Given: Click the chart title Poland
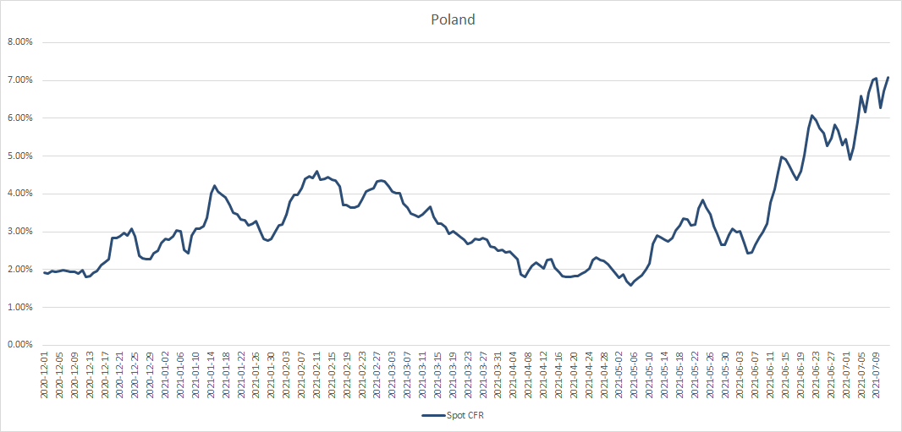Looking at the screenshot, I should pos(452,19).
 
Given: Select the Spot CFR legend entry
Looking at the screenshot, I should pos(453,415).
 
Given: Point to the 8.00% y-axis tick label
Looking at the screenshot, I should pos(19,42).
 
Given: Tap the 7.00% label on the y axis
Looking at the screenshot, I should pos(19,80).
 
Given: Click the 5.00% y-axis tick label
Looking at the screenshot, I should pos(19,156).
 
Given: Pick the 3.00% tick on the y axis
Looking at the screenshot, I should pos(19,232).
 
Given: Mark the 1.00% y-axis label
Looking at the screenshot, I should pos(19,307).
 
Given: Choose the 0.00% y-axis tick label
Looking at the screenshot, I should pos(19,345).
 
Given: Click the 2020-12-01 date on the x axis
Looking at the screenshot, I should pos(45,375).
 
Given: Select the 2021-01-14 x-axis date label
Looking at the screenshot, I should pos(212,375).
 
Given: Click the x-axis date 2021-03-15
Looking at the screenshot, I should pos(439,375).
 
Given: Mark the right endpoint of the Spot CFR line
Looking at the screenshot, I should pos(888,78).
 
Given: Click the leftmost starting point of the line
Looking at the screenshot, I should pos(44,272).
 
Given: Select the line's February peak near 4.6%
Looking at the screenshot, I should pos(317,172).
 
